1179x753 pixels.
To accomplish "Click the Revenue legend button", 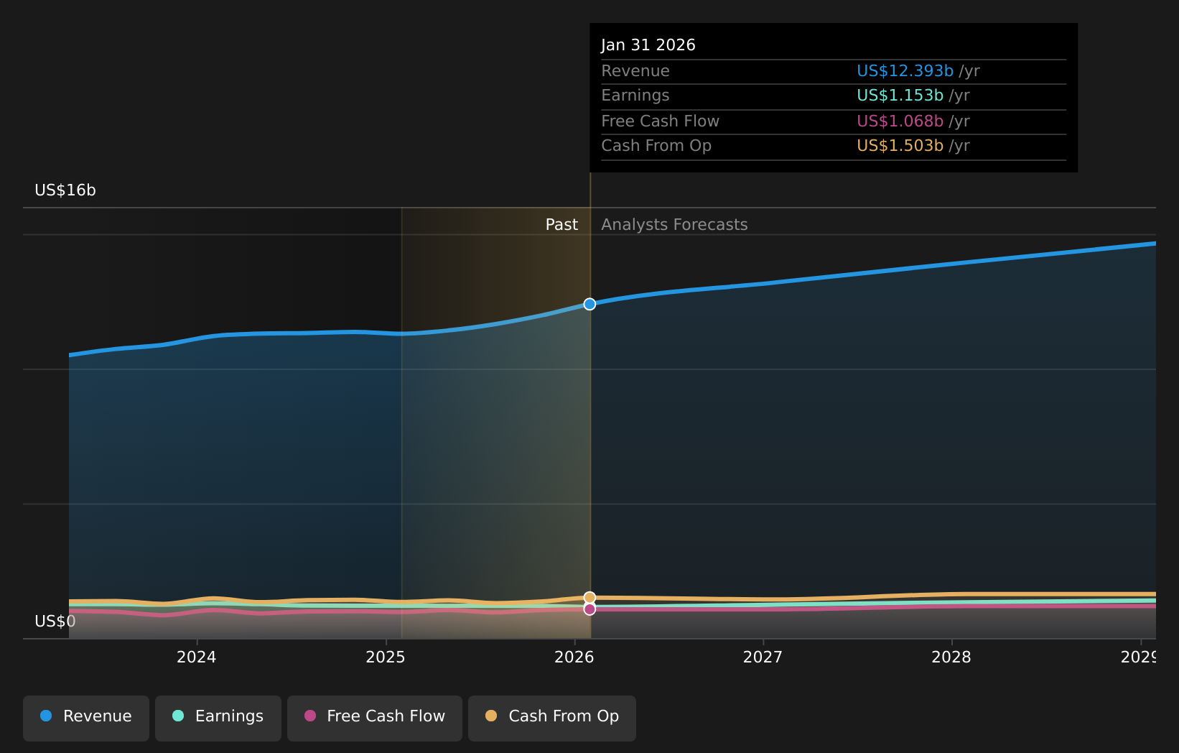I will [x=86, y=716].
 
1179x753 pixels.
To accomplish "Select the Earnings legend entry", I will [x=218, y=716].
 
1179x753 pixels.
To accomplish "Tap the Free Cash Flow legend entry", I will [x=375, y=716].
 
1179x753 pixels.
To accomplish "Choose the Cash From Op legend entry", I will [x=552, y=716].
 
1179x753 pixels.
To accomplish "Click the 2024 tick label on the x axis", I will [x=196, y=657].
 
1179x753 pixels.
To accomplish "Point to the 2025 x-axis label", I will [x=386, y=657].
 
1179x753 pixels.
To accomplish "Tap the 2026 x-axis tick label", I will [x=574, y=657].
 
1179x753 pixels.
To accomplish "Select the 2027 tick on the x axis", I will [x=763, y=657].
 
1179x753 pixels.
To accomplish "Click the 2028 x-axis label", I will [x=951, y=657].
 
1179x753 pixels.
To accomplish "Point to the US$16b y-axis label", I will [x=65, y=190].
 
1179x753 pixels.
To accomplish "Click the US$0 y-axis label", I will [x=55, y=622].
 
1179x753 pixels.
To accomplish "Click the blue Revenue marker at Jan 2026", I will [x=589, y=304].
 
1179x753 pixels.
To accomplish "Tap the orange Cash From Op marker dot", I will [x=589, y=597].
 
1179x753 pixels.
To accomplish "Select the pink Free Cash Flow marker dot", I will [x=589, y=609].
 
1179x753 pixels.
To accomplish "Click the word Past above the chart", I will [x=561, y=225].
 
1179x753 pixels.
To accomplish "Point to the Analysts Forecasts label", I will [x=674, y=225].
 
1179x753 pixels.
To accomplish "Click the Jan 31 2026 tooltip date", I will [x=648, y=45].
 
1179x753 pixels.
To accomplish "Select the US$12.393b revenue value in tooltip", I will [x=905, y=71].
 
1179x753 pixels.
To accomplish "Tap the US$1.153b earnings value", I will [x=900, y=96].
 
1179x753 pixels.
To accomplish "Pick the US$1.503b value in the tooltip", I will [x=900, y=146].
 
